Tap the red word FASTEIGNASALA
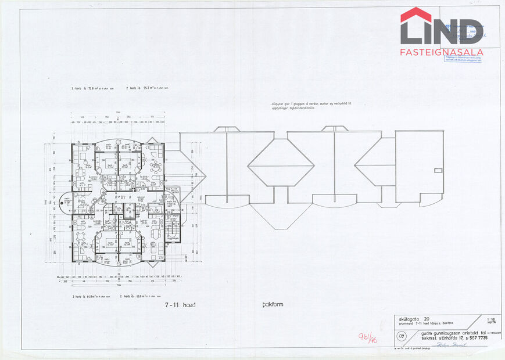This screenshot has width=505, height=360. pos(442,52)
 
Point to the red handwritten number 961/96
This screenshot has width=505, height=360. pos(368,338)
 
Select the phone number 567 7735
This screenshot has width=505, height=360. pos(476,337)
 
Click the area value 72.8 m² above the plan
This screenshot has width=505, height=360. pos(95,88)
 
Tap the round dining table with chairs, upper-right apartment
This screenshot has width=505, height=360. pos(155,165)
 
